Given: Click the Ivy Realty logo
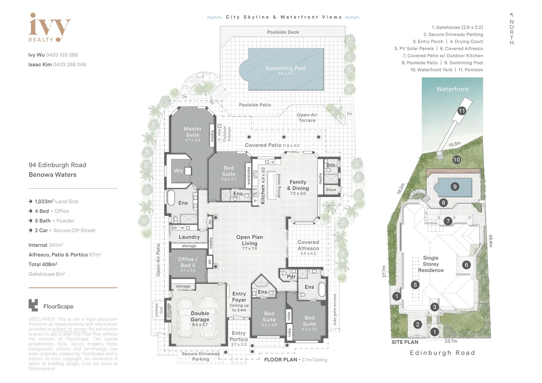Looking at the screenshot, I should (x=49, y=28).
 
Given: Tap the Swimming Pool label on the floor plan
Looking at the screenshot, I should (x=286, y=68).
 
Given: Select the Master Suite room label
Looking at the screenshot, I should (x=193, y=132).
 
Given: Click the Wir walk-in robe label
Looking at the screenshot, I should (x=178, y=171).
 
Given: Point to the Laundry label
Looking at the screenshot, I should (x=189, y=237).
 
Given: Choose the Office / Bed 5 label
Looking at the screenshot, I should (x=188, y=262).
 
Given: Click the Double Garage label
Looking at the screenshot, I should (x=200, y=316).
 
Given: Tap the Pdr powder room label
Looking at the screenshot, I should (x=291, y=277).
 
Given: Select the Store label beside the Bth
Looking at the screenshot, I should (x=331, y=190).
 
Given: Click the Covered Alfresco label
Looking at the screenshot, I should (x=308, y=245).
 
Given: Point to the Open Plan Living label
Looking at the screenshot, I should (x=249, y=240).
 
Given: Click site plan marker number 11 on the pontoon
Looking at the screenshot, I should (x=461, y=111).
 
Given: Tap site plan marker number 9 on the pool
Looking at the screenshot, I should (x=455, y=187).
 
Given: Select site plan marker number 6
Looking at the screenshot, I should (x=466, y=265).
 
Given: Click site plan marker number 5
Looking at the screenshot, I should (x=415, y=285).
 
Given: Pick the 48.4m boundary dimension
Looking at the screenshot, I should (x=491, y=241).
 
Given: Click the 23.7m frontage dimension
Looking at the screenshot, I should (x=450, y=341).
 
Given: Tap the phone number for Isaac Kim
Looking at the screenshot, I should (x=70, y=65).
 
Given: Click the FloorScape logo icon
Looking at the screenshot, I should (x=33, y=305).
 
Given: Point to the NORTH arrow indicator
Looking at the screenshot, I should (x=511, y=29).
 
